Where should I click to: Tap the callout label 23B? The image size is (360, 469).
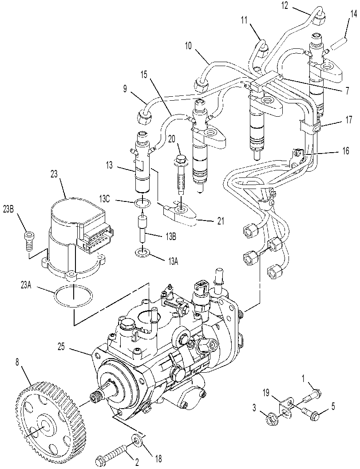tap(8, 209)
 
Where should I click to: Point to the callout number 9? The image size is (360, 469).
tap(125, 89)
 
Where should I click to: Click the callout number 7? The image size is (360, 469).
tap(347, 90)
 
